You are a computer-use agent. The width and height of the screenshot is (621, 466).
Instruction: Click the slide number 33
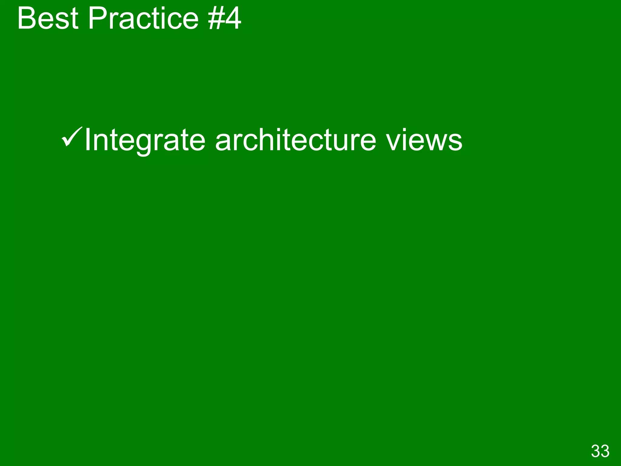click(x=600, y=451)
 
